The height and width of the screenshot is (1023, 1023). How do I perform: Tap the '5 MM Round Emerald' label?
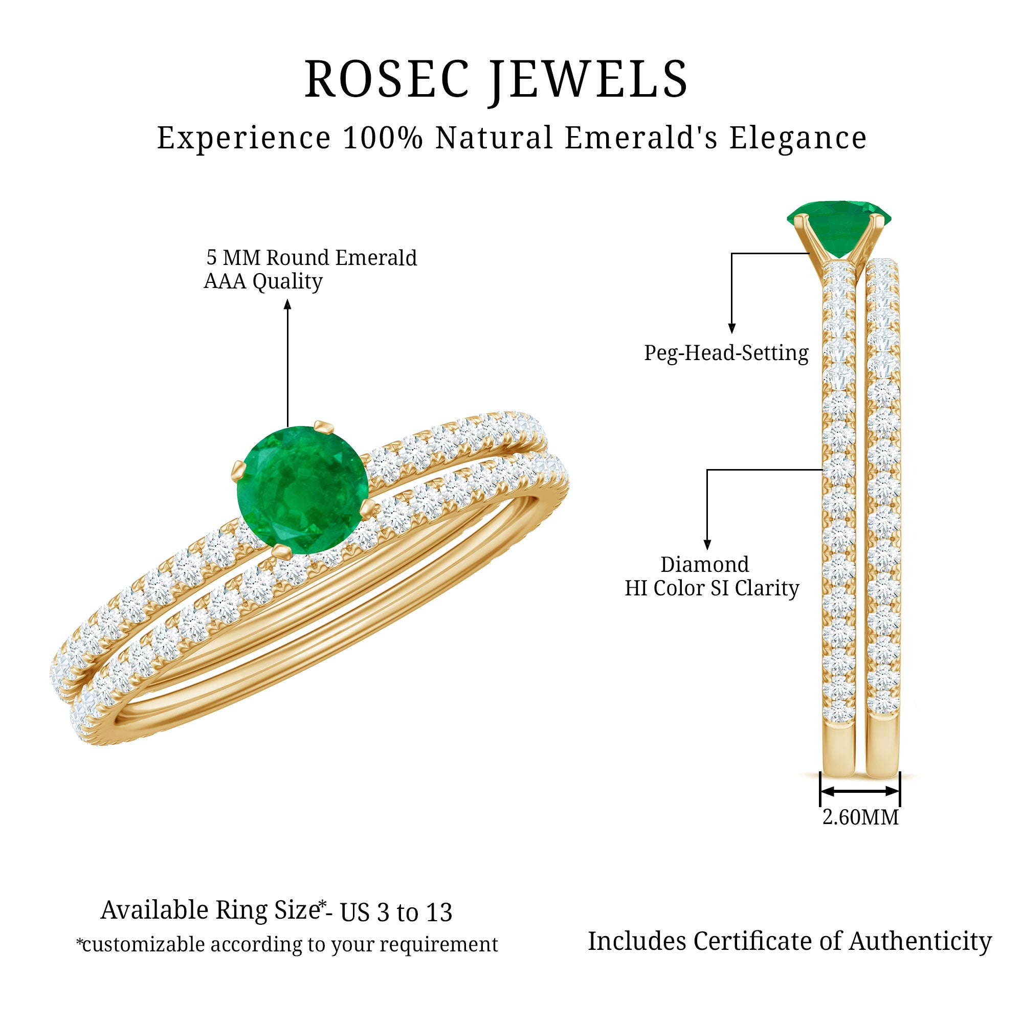coord(312,258)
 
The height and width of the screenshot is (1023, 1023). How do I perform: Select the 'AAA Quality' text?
coord(263,281)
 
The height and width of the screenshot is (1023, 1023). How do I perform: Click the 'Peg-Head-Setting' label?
coord(726,353)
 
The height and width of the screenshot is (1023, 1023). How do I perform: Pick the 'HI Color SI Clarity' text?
coord(711,588)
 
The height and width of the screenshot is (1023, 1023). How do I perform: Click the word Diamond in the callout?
coord(705,565)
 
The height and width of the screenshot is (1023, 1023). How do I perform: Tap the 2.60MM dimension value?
coord(860,817)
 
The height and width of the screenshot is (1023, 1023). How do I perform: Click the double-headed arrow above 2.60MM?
coord(859,792)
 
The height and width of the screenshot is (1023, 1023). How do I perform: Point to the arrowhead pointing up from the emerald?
coord(287,304)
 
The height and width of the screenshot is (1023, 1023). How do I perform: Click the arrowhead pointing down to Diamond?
coord(707,544)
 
